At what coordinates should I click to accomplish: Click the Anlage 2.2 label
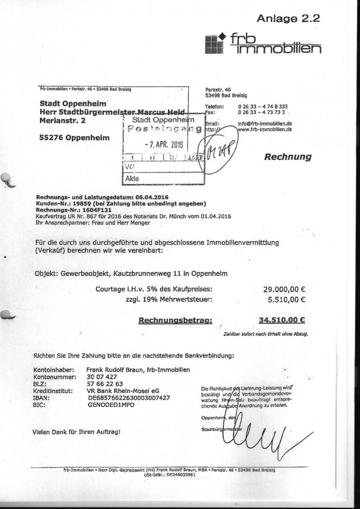[288, 18]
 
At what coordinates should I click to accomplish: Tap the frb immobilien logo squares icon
[214, 44]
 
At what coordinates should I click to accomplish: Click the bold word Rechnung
[288, 157]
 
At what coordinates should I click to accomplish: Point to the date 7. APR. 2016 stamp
[163, 144]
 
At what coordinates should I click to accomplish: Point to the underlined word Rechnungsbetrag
[175, 321]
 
